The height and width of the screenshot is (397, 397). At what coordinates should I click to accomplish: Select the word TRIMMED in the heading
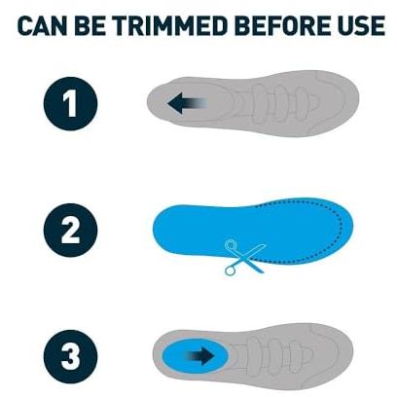coord(169,25)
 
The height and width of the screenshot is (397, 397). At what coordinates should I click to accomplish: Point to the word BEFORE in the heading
coord(278,25)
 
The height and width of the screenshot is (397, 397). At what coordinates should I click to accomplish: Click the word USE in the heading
coord(358,25)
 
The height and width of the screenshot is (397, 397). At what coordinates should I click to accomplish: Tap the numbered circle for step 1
coord(70,104)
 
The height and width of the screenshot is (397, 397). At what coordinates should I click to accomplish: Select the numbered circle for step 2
coord(70,231)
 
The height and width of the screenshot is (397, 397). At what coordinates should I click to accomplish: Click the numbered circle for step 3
coord(70,357)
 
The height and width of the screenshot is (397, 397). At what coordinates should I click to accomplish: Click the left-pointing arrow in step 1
coord(187,103)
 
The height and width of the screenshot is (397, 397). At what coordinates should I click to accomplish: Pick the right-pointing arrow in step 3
coord(200,356)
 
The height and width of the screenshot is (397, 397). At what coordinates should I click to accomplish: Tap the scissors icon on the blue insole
coord(245,258)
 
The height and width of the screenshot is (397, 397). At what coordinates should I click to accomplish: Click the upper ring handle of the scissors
coord(231,245)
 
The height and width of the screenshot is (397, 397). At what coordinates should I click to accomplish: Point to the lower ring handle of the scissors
coord(230,271)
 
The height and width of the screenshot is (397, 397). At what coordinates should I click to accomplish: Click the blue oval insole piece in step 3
coord(196,356)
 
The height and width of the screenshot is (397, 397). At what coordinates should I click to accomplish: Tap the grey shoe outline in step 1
coord(253,103)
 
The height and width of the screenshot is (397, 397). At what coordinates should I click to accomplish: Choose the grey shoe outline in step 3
coord(253,356)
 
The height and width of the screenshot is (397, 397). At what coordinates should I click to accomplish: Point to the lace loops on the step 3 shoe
coord(279,355)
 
